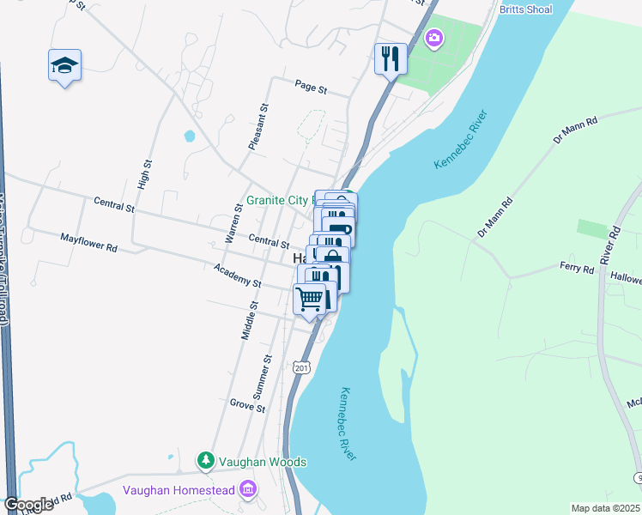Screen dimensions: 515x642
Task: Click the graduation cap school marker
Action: point(64,65)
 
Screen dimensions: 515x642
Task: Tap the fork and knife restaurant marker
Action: point(390,58)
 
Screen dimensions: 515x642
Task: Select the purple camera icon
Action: point(434,37)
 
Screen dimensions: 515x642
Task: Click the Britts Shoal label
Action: point(525,9)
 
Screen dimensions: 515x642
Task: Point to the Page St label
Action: point(311,88)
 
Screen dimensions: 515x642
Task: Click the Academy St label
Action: point(237,276)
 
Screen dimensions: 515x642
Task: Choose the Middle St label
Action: point(249,321)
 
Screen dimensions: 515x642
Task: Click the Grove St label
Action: point(247,404)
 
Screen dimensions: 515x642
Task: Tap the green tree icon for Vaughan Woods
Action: point(206,461)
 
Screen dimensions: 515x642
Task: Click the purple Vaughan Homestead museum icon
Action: point(249,490)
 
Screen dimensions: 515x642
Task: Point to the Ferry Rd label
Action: point(577,269)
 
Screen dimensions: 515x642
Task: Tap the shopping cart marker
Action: point(310,300)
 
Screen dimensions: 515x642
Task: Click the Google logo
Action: point(27,505)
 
